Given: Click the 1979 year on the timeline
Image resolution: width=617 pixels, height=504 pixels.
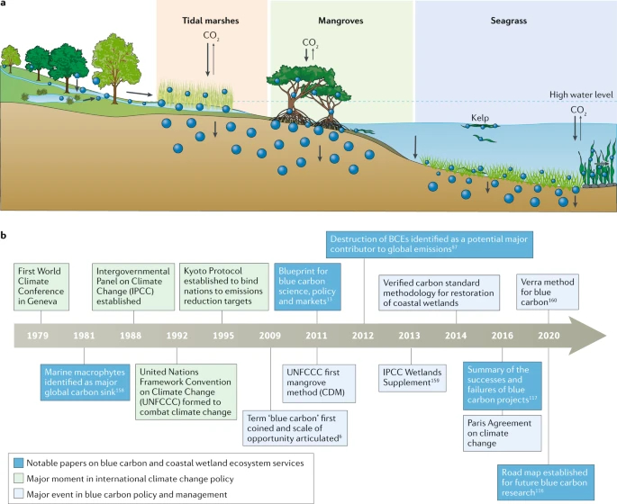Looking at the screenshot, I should pos(39,336).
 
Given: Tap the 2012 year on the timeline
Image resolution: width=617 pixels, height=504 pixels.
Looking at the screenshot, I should pos(364,336).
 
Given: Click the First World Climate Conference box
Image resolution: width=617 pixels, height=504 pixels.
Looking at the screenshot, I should pos(47,286).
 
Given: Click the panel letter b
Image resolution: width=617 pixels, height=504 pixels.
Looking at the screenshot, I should pos(5,237).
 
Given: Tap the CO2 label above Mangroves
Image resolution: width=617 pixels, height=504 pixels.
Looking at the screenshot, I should pos(310,42).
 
